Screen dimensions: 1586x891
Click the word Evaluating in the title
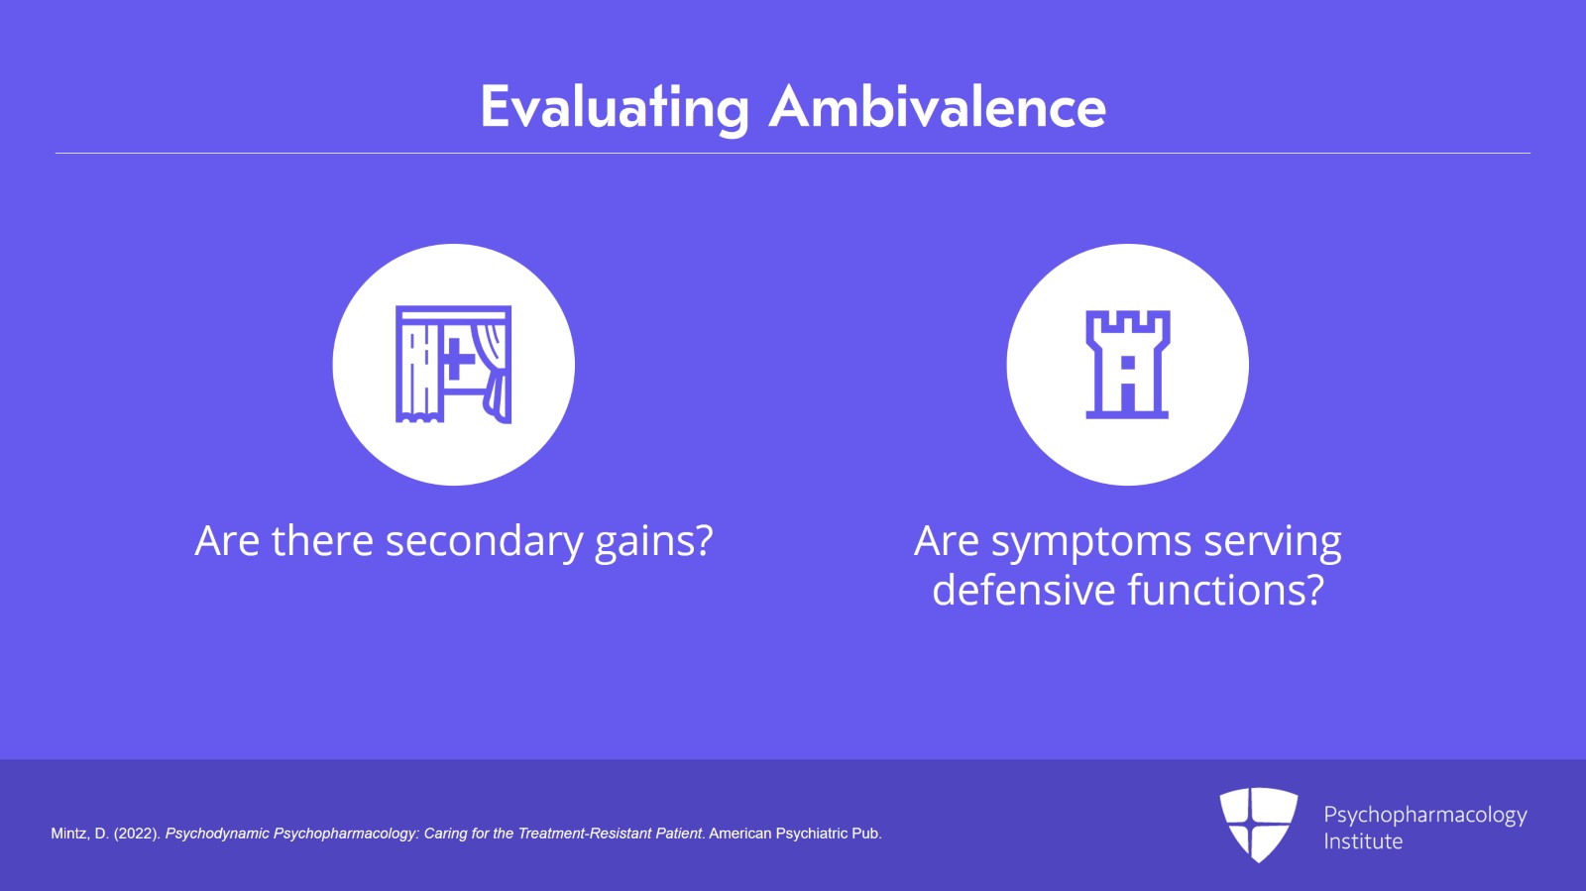click(x=615, y=108)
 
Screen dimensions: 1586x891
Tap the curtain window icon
click(x=453, y=365)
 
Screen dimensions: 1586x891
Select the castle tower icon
click(x=1127, y=365)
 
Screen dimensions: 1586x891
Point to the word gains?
click(x=653, y=542)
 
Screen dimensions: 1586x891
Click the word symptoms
click(x=1091, y=542)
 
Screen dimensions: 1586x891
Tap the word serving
click(x=1273, y=542)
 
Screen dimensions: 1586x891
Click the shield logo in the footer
click(x=1258, y=825)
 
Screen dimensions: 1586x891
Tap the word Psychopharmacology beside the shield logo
click(x=1425, y=816)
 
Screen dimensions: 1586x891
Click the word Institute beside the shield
click(x=1363, y=841)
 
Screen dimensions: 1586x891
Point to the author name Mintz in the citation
click(x=69, y=834)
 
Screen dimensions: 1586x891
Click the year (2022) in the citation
click(x=138, y=834)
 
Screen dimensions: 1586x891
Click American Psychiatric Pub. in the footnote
click(x=795, y=834)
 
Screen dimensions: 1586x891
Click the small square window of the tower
click(x=1128, y=363)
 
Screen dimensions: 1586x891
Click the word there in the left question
click(x=322, y=541)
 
